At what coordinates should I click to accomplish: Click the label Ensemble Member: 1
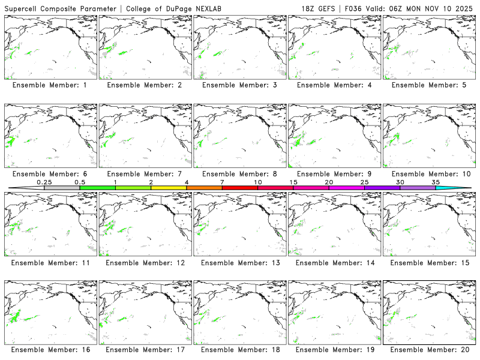49,85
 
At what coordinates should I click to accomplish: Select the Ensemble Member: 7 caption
144,174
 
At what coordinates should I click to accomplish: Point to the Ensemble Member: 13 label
239,263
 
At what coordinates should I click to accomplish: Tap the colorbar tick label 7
222,182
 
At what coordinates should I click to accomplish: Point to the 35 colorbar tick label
436,182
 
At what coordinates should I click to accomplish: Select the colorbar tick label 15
293,182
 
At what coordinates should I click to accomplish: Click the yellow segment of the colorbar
169,188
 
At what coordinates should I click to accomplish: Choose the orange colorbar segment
204,188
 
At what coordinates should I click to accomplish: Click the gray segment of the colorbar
62,188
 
